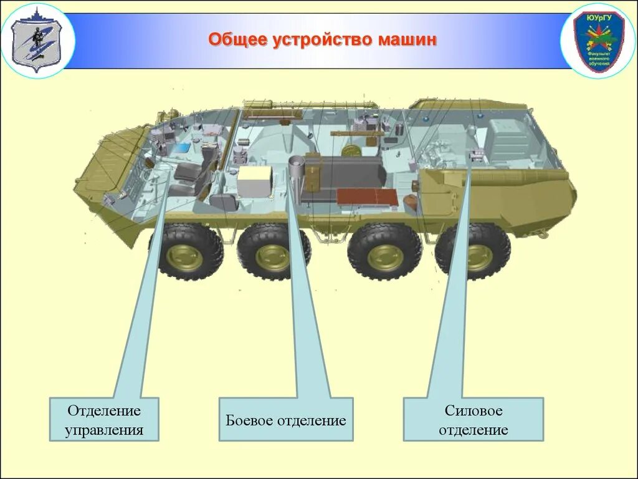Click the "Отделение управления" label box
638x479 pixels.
(105, 420)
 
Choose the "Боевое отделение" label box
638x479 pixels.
(285, 420)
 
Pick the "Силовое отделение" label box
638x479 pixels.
(473, 420)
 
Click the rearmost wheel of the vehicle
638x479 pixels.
(476, 253)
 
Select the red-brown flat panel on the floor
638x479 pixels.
(368, 196)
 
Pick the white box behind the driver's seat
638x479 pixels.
(254, 181)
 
